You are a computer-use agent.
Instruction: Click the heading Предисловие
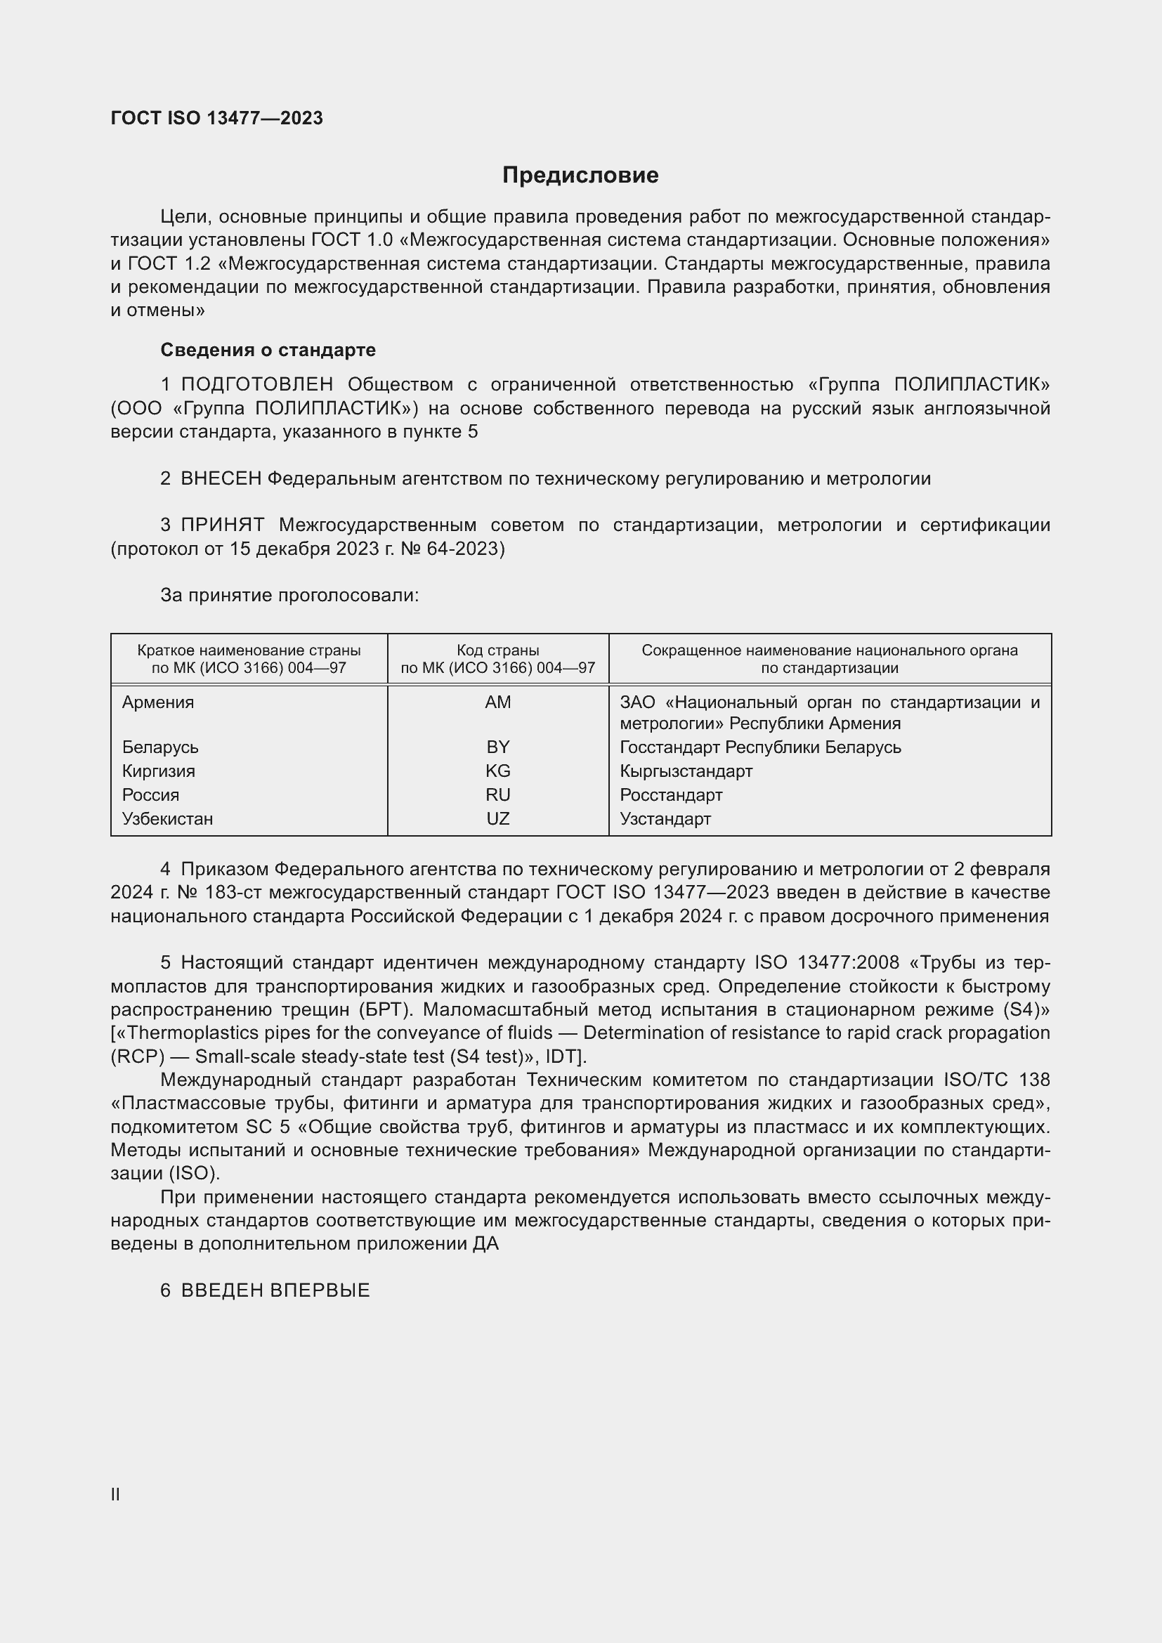pos(580,176)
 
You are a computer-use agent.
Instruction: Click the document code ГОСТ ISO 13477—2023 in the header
pos(217,118)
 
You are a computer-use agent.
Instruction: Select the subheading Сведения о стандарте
pos(268,350)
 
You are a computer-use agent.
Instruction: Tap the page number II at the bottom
pos(115,1495)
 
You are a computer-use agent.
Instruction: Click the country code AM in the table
pos(497,702)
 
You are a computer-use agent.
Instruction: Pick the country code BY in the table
pos(497,747)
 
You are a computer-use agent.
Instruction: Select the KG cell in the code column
pos(497,771)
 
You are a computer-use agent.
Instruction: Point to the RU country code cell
pos(497,795)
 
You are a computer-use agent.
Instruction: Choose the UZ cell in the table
pos(497,818)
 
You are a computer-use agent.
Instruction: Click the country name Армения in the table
pos(158,702)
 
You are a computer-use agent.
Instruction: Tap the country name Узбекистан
pos(167,818)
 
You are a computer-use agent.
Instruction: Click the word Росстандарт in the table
pos(671,795)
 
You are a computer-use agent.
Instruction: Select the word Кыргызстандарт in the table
pos(686,771)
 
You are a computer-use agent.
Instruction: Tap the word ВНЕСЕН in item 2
pos(221,479)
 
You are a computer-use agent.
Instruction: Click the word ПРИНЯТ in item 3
pos(223,525)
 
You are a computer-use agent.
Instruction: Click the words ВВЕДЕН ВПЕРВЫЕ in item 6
pos(275,1290)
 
